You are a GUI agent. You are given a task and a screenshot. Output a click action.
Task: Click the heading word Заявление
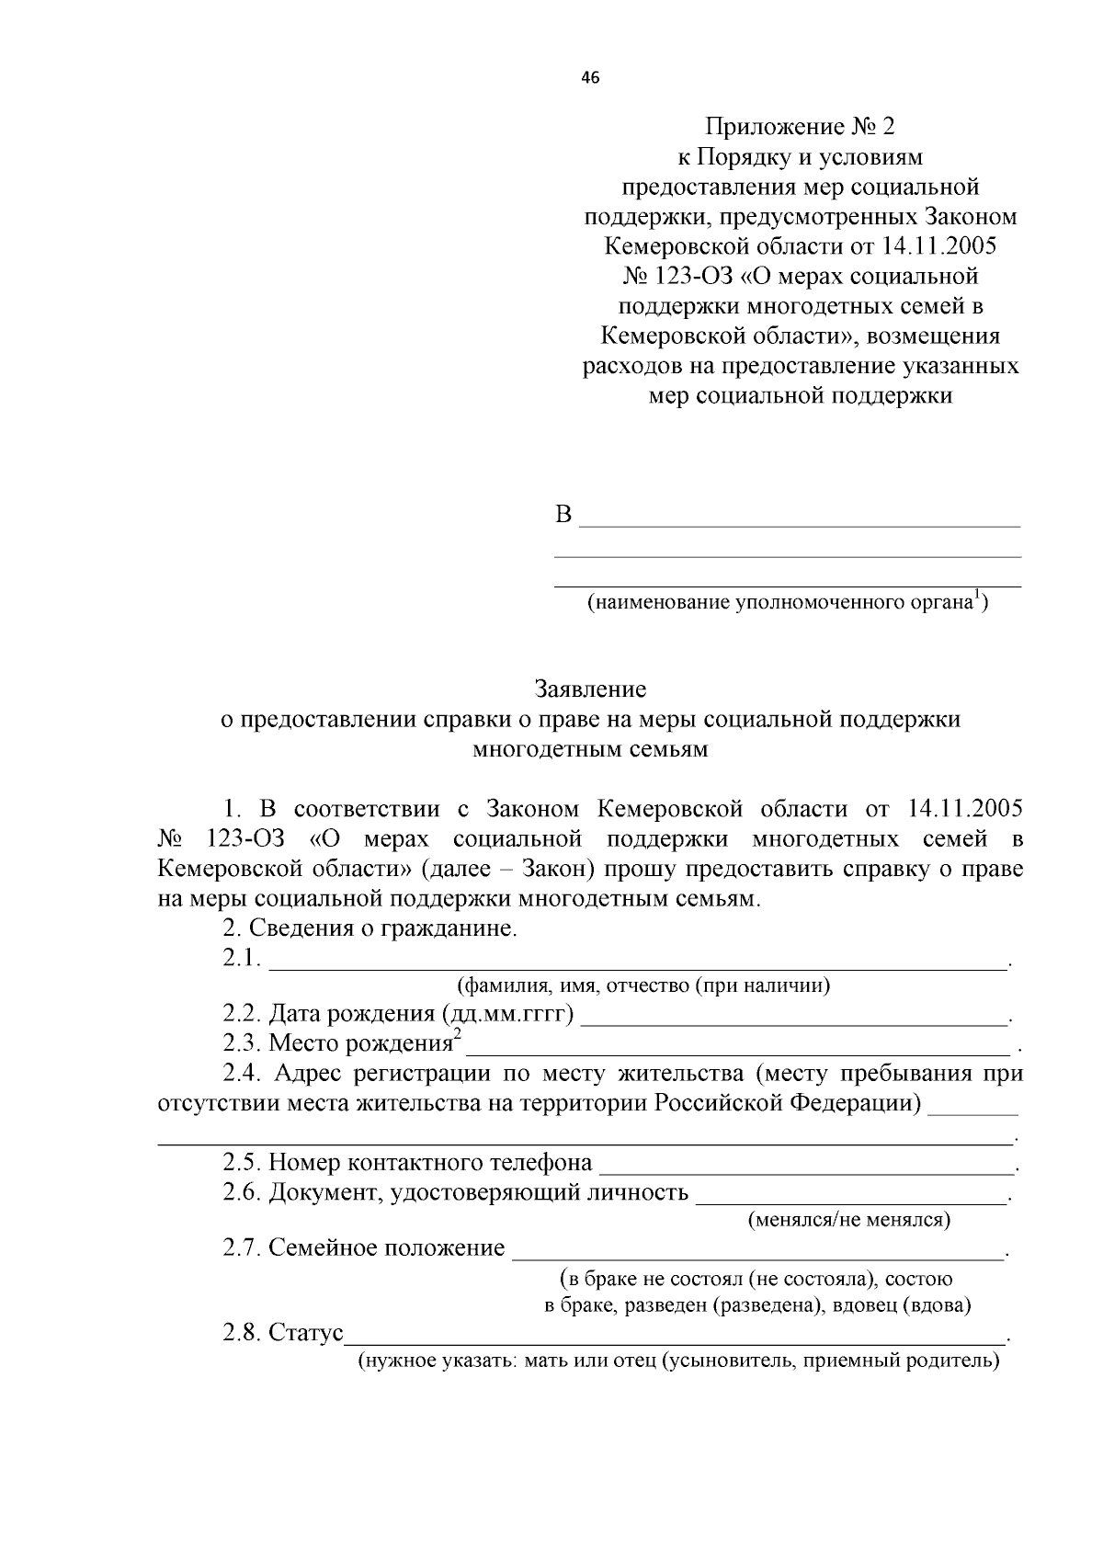pyautogui.click(x=590, y=689)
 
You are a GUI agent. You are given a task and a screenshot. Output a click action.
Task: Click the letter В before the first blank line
pyautogui.click(x=563, y=515)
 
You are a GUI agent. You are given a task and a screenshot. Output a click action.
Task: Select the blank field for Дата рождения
pyautogui.click(x=795, y=1021)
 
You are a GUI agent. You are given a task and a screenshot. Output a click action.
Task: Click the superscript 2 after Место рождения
pyautogui.click(x=457, y=1034)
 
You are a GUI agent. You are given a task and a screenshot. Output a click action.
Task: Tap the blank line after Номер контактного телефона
pyautogui.click(x=805, y=1171)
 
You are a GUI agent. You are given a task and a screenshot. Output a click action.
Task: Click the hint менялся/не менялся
pyautogui.click(x=848, y=1220)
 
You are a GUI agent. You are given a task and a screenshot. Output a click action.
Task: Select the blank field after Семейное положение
pyautogui.click(x=758, y=1256)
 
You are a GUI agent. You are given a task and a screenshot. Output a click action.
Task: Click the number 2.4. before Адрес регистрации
pyautogui.click(x=244, y=1074)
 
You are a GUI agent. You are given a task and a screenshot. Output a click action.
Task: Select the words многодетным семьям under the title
pyautogui.click(x=590, y=748)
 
